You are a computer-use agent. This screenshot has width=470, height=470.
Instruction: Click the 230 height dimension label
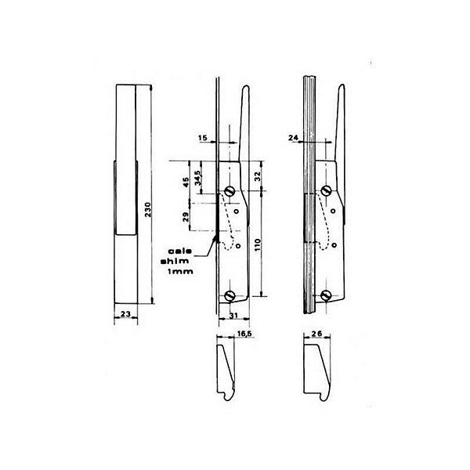tap(148, 209)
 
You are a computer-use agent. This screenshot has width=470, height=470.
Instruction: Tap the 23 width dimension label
tap(126, 314)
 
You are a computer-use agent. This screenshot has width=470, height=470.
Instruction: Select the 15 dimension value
tap(203, 138)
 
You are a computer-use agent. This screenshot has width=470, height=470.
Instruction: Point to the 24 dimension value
tap(294, 138)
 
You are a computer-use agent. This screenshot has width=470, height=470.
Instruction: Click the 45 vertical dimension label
tap(186, 183)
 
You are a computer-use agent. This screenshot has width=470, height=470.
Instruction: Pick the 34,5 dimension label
tap(198, 178)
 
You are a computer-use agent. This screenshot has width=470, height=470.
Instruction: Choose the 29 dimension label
tap(186, 217)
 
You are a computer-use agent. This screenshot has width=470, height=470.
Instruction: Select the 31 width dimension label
tap(233, 316)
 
